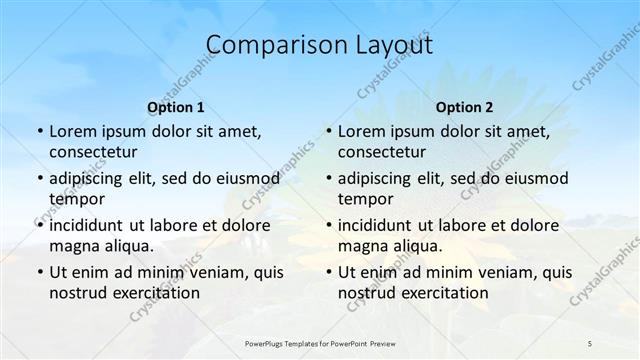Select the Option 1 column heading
(x=176, y=107)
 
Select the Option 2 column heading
(x=464, y=107)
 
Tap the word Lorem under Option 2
(x=360, y=131)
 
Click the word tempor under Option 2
(x=362, y=198)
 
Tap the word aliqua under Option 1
(x=127, y=245)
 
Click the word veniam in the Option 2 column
(x=490, y=272)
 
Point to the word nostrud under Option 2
(x=367, y=292)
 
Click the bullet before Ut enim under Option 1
(x=40, y=272)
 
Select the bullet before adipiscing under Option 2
(x=329, y=178)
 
